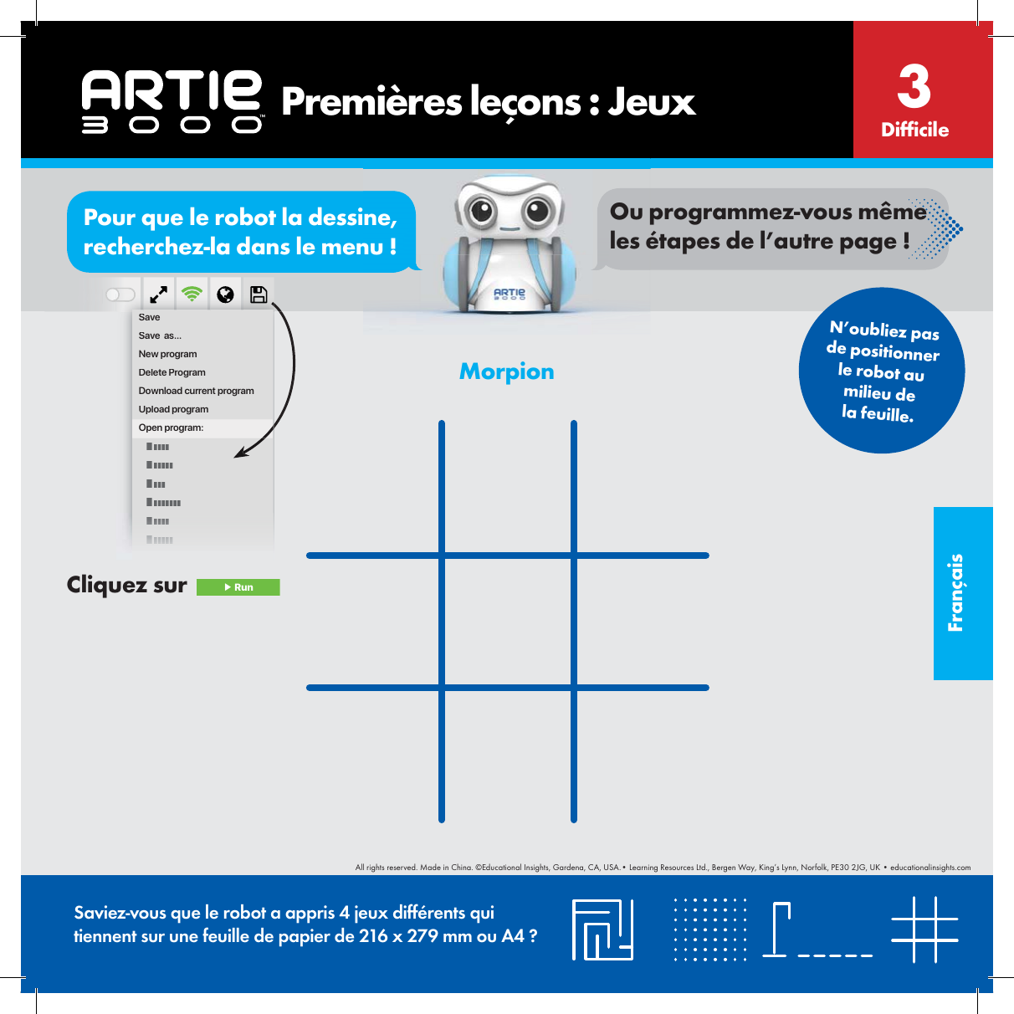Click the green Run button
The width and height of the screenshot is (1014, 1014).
point(238,587)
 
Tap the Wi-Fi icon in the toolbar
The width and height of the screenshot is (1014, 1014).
point(192,294)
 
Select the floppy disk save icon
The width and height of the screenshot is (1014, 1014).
point(259,294)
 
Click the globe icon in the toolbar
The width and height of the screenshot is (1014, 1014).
point(225,294)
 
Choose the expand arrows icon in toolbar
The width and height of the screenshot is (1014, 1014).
point(158,294)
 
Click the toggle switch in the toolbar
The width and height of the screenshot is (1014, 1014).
point(120,294)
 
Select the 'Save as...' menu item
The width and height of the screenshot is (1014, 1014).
point(160,335)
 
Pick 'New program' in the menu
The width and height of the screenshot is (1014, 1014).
point(167,354)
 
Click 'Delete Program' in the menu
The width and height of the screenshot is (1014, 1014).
point(172,372)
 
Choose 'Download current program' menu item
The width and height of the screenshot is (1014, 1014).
point(196,391)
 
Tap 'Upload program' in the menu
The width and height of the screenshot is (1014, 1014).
point(173,409)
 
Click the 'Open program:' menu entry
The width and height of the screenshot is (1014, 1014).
point(171,428)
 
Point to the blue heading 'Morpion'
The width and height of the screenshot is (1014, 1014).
point(506,371)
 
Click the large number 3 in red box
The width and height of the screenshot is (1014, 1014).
point(914,86)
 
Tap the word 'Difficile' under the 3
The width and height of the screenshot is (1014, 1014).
point(914,130)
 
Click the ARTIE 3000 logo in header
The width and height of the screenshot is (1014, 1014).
point(172,101)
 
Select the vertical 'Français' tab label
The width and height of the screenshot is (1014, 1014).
point(956,592)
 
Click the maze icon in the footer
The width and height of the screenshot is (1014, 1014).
point(602,929)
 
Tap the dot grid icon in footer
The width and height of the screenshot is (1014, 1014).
point(710,929)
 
